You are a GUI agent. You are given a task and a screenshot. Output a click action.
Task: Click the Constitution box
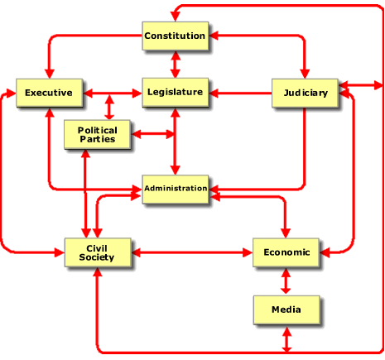(176, 36)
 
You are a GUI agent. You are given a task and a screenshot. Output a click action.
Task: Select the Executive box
(50, 93)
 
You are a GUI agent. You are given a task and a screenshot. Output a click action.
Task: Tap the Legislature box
(176, 92)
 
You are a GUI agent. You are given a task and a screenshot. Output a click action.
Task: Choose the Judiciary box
(305, 93)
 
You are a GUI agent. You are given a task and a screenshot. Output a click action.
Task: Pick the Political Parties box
(98, 134)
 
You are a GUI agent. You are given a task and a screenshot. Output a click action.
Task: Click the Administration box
(176, 190)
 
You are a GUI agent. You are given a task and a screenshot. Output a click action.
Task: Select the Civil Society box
(98, 252)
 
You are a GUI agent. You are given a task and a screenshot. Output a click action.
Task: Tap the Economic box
(286, 252)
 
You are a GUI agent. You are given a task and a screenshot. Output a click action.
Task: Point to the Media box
(286, 310)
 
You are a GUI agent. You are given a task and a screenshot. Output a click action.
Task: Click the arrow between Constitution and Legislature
(176, 65)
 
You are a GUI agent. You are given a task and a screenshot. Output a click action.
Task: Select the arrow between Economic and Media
(286, 281)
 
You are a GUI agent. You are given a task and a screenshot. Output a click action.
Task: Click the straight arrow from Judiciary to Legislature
(240, 93)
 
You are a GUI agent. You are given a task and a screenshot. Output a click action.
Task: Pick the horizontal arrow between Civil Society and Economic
(192, 252)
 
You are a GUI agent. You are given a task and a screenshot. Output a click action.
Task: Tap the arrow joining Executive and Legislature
(113, 93)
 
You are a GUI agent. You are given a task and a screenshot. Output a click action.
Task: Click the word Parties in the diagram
(98, 139)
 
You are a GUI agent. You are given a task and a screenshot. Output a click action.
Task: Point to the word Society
(97, 257)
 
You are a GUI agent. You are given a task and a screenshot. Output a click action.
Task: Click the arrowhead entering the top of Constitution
(176, 17)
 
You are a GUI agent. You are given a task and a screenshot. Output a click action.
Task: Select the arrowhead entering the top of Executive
(50, 74)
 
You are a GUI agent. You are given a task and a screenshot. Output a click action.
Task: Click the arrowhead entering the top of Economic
(286, 233)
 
